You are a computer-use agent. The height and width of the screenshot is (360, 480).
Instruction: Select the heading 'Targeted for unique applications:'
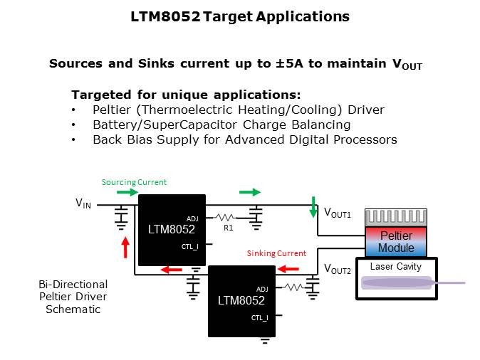click(186, 95)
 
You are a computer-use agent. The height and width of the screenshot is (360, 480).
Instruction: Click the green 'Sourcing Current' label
click(134, 181)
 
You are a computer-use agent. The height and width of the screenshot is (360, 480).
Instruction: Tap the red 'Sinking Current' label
click(276, 253)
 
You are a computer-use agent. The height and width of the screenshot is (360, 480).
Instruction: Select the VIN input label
click(83, 203)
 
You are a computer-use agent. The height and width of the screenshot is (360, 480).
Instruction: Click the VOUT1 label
click(338, 213)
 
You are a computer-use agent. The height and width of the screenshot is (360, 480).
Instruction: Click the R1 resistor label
click(228, 228)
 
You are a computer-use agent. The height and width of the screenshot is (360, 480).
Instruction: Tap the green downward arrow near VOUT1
click(313, 206)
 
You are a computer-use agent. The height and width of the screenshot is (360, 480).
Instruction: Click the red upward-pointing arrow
click(125, 248)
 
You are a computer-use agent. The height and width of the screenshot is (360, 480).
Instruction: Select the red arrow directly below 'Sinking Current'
click(288, 269)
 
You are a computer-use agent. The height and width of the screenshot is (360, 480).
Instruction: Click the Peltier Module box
click(396, 241)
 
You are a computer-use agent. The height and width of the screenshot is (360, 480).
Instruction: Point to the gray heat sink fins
click(396, 217)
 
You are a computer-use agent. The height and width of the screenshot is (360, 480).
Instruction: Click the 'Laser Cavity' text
click(395, 266)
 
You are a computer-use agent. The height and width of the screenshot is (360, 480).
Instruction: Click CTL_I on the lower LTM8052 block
click(259, 318)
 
